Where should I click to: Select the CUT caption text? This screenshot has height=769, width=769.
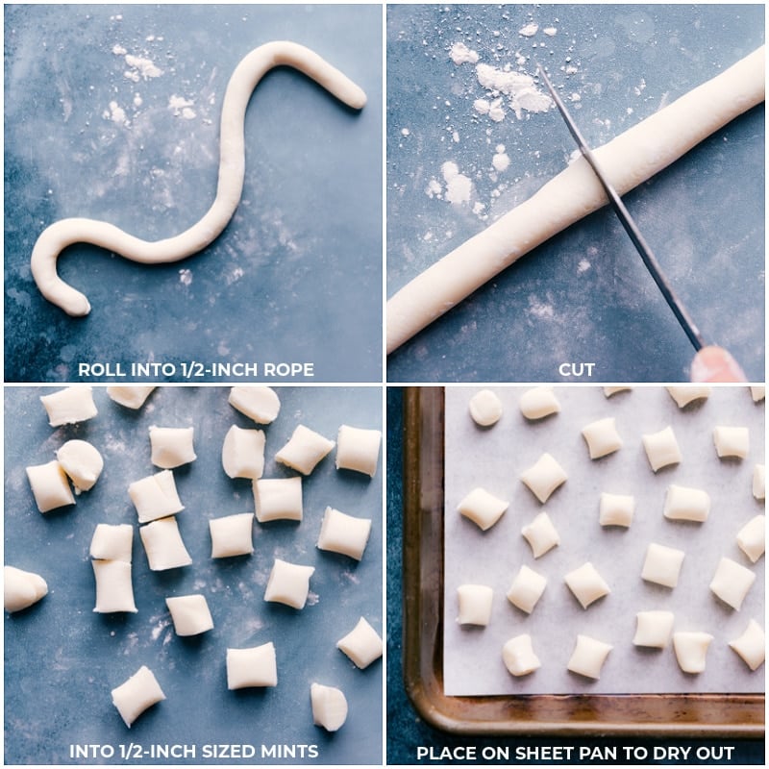coord(576,369)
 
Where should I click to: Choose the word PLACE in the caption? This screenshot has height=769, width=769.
coord(446,753)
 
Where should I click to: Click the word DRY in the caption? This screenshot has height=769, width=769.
coord(672,753)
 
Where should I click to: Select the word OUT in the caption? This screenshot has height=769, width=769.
coord(716,753)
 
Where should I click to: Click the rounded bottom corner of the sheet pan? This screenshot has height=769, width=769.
coord(423,716)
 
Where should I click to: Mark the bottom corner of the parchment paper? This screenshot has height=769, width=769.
coord(448,692)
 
